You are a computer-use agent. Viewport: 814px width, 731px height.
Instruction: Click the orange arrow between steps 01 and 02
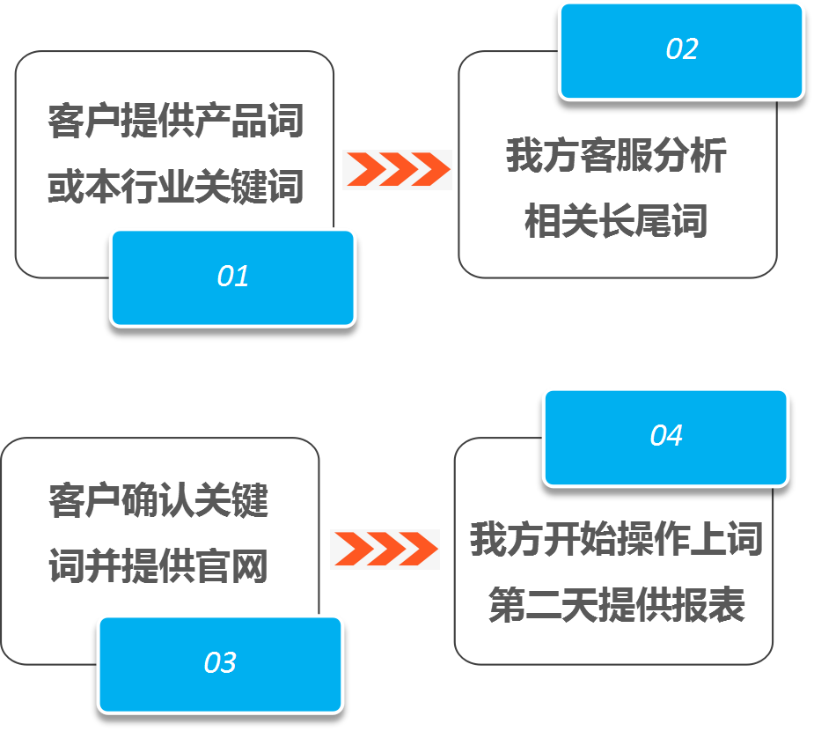tap(397, 169)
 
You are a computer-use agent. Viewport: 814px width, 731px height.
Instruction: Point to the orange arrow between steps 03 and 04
tap(385, 549)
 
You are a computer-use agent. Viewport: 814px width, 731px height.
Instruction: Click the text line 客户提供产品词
tap(175, 121)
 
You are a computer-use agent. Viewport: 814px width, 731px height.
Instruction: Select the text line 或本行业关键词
tap(175, 186)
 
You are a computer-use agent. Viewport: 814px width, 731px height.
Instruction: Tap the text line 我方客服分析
tap(616, 156)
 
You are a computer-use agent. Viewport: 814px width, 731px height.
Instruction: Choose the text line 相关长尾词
tap(616, 220)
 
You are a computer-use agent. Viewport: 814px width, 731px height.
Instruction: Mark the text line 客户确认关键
tap(158, 501)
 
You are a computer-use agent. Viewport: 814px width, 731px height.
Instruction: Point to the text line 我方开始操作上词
tap(615, 539)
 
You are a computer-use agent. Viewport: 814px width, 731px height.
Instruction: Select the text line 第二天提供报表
tap(616, 605)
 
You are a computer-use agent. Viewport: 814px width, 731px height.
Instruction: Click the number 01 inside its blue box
tap(233, 277)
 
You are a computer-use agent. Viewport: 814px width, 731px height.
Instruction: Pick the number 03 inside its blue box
tap(220, 662)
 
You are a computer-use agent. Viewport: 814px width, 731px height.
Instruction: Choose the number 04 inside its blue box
tap(666, 435)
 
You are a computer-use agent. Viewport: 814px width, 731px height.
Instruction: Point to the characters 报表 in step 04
tap(708, 605)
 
